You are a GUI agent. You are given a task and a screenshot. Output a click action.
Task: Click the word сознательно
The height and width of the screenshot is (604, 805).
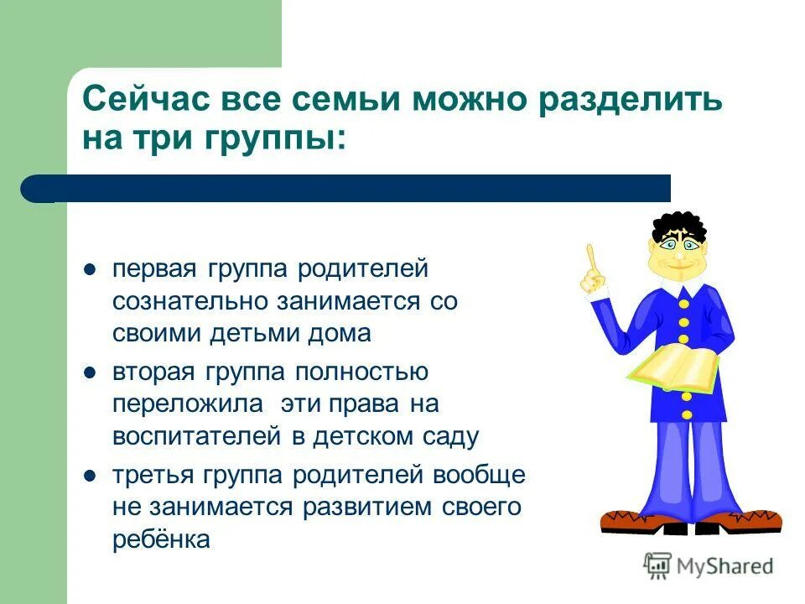click(x=190, y=301)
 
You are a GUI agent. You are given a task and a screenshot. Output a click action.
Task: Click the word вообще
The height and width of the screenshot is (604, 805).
click(x=479, y=476)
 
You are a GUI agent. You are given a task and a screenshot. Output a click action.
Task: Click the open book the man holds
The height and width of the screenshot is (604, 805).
click(x=673, y=367)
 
